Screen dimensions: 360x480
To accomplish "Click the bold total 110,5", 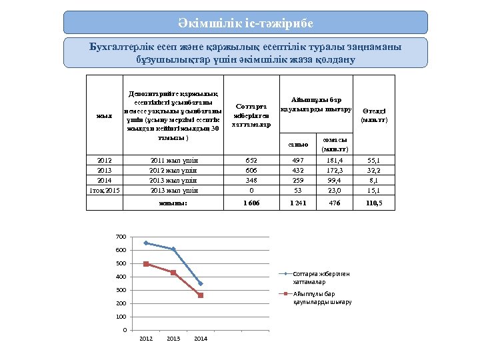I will click(x=374, y=203).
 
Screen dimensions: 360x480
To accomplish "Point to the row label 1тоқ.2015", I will click(x=105, y=190).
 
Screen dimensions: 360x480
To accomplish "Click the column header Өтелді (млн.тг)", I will click(x=374, y=115).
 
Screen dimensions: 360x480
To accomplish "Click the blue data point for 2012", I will click(x=146, y=243).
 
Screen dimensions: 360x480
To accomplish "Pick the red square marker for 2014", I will click(x=201, y=295).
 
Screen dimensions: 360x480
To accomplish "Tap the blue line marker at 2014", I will click(x=201, y=283).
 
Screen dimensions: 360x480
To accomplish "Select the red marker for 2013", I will click(x=173, y=273).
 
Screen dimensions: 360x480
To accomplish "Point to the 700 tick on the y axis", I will click(x=121, y=237).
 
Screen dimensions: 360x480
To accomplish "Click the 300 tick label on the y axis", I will click(x=121, y=290).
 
